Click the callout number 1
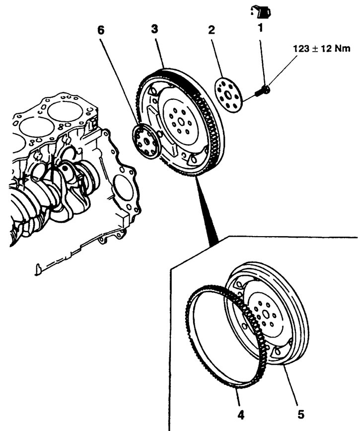pyautogui.click(x=260, y=30)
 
